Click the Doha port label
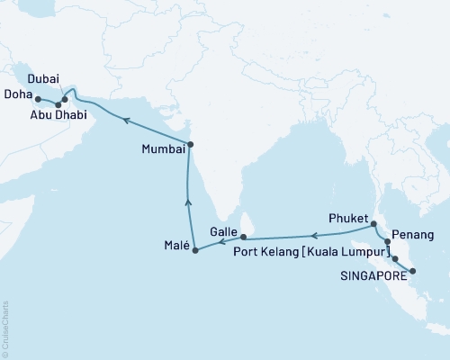[x=19, y=97]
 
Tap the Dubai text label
[x=42, y=80]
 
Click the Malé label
[x=176, y=245]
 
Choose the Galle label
[x=222, y=231]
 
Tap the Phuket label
[x=350, y=217]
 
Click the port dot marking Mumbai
[x=190, y=145]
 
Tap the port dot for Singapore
[x=411, y=271]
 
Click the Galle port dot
[x=243, y=237]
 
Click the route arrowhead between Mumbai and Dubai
[x=127, y=118]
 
